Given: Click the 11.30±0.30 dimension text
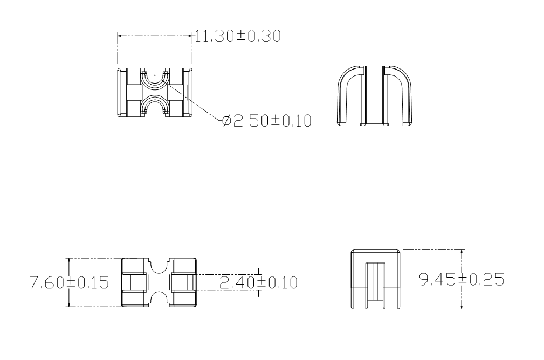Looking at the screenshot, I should click(238, 37).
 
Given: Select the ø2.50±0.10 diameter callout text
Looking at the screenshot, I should click(267, 121).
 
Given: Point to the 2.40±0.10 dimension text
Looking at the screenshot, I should click(258, 282).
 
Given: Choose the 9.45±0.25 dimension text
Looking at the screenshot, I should click(462, 279).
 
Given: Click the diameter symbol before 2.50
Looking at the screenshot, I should click(227, 121).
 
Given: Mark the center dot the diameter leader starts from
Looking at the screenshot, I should click(155, 74).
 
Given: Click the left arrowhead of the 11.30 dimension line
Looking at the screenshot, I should click(120, 36).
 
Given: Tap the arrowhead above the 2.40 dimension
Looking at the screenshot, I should click(259, 272).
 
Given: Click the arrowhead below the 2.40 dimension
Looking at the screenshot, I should click(259, 293).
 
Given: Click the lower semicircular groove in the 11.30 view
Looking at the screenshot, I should click(155, 105).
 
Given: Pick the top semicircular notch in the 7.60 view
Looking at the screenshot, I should click(159, 264).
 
